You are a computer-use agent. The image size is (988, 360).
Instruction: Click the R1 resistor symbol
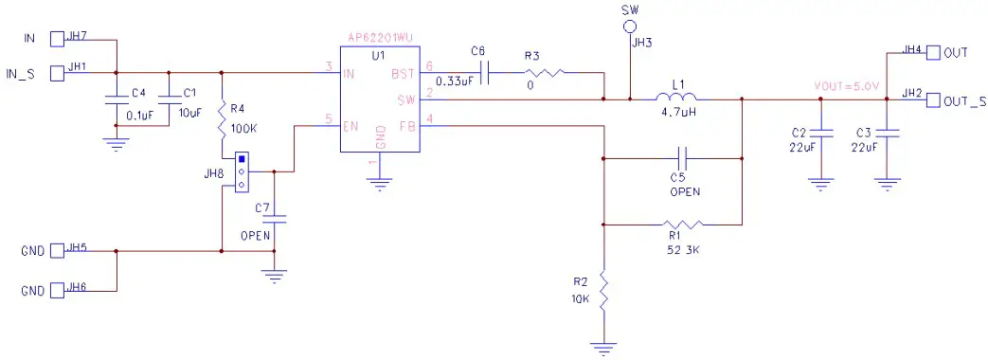click(x=683, y=225)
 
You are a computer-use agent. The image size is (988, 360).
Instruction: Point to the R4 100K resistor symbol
click(x=222, y=120)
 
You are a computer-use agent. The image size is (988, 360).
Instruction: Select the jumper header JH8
click(x=242, y=171)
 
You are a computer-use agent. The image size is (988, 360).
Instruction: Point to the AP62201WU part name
click(x=381, y=38)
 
